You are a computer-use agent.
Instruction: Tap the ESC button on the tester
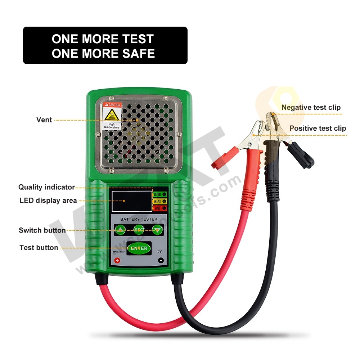click(x=139, y=229)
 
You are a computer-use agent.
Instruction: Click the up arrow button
click(x=120, y=229)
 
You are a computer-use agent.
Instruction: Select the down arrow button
click(x=157, y=229)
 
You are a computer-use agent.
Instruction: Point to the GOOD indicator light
click(x=164, y=194)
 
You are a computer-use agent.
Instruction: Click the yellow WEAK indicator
click(x=164, y=201)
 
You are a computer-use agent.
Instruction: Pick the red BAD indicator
click(x=164, y=208)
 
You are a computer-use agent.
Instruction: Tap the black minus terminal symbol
click(x=161, y=260)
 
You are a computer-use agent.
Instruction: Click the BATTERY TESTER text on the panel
click(x=139, y=219)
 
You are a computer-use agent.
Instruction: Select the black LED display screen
click(x=131, y=201)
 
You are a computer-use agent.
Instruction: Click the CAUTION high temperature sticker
click(x=112, y=116)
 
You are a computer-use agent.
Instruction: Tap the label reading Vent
click(x=44, y=120)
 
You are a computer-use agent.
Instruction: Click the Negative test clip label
click(x=311, y=107)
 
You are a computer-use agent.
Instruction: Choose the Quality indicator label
click(x=46, y=187)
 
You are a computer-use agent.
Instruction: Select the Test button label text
click(x=39, y=248)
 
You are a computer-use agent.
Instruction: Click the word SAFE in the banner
click(x=138, y=53)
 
